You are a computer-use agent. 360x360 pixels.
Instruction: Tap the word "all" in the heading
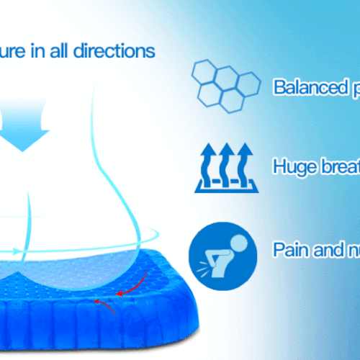[66, 52]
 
